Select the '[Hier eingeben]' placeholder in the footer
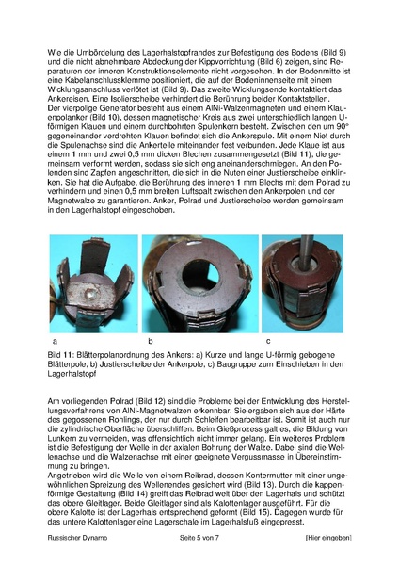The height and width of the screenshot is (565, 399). click(x=321, y=536)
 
